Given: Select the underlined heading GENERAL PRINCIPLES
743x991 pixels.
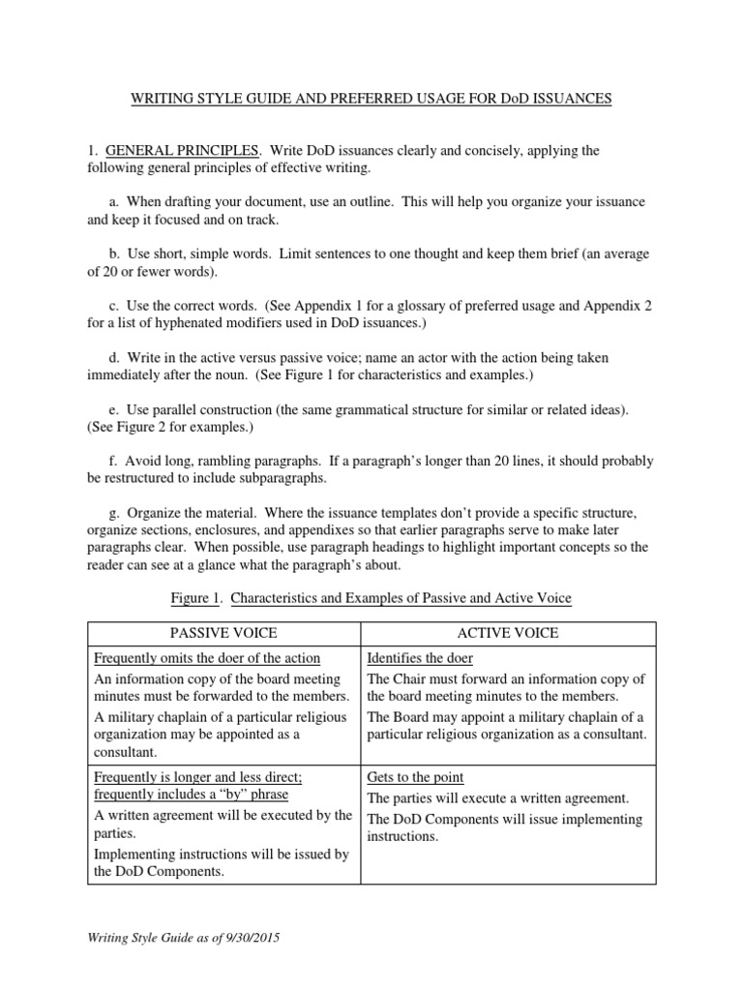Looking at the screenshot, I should (183, 151).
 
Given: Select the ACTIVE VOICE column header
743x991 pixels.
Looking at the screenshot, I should (508, 633).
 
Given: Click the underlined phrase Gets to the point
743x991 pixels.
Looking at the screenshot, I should (415, 777).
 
